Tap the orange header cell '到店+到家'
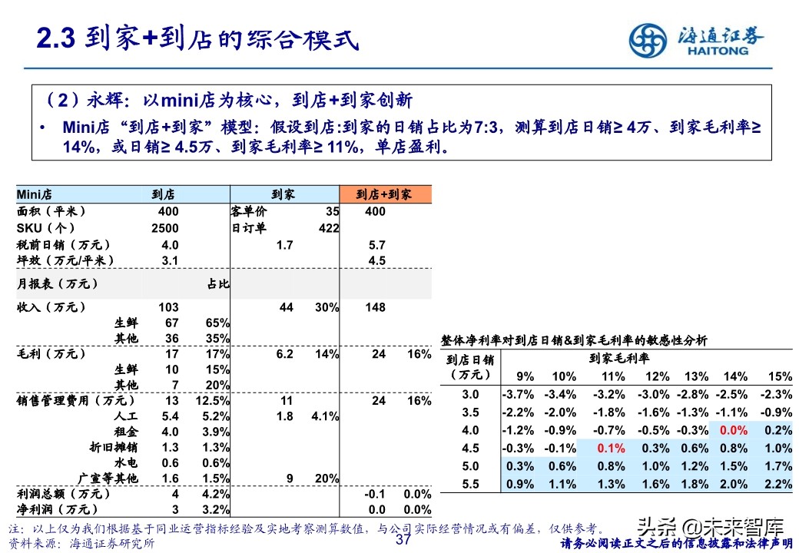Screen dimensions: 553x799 (386, 195)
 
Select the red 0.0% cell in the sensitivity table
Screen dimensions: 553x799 (734, 431)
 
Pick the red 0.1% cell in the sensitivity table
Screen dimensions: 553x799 (611, 449)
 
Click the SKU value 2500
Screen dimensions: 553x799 (165, 228)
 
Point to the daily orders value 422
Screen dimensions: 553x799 (328, 228)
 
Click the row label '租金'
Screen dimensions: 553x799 (127, 432)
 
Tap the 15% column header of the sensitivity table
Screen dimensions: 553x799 (779, 376)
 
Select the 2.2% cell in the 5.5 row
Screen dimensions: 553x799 (778, 484)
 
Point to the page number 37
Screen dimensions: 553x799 (404, 540)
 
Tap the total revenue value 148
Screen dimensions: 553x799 (376, 307)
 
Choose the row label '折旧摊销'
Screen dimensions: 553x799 (114, 448)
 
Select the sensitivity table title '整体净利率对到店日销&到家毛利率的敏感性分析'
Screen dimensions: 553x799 (574, 339)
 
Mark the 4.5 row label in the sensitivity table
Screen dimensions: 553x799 (470, 449)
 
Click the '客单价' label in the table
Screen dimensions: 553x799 (247, 211)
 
